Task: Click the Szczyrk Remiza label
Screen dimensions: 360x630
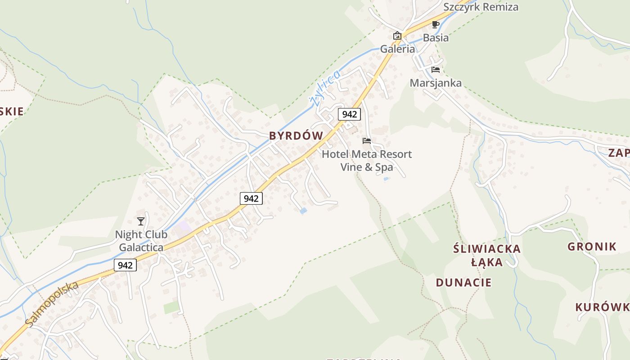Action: coord(481,7)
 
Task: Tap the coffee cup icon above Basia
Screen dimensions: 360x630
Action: coord(435,24)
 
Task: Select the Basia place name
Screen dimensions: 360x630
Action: coord(436,38)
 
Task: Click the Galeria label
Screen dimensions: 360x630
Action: coord(397,49)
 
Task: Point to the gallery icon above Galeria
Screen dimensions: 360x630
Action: coord(397,36)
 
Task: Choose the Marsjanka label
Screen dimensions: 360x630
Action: coord(436,83)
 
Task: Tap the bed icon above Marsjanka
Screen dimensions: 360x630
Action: coord(435,70)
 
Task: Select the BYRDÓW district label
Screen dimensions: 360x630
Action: coord(296,136)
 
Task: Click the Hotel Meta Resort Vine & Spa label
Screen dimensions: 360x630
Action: coord(367,161)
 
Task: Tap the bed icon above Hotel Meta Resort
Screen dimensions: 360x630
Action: coord(367,141)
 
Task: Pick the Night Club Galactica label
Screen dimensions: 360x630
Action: coord(141,241)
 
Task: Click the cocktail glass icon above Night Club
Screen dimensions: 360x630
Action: coord(141,221)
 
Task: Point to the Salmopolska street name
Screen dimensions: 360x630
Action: coord(51,304)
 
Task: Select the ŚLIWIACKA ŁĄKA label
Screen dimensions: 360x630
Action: coord(486,255)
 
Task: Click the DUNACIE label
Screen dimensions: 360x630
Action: coord(463,283)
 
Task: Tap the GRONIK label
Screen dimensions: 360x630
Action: coord(592,247)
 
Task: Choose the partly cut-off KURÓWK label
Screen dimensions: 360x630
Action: coord(602,307)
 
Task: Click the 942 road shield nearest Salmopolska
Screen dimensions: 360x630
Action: coord(125,265)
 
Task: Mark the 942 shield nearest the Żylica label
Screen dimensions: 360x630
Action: coord(349,114)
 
